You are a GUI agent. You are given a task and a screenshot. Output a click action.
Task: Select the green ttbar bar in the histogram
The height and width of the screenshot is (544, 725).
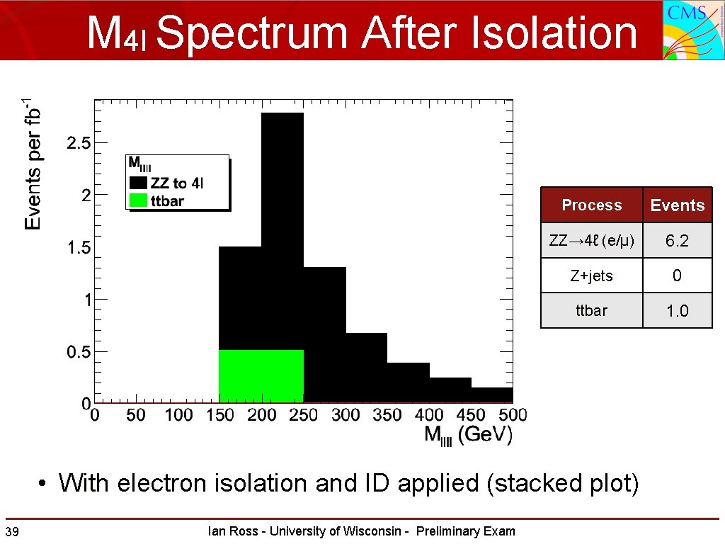[x=261, y=376]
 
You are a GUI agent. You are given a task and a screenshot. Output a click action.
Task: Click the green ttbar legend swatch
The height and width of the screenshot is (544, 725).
[x=138, y=200]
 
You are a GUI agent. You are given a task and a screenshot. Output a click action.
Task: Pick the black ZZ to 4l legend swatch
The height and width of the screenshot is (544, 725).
[x=138, y=183]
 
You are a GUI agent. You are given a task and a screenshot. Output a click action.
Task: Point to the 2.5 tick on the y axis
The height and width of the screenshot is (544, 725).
[x=78, y=143]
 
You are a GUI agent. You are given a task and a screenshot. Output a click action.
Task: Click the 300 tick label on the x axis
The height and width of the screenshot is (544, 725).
[x=346, y=415]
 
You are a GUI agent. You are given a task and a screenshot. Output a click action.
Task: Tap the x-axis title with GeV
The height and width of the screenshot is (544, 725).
[x=468, y=435]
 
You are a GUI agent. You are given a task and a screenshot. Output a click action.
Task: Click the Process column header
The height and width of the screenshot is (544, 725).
[x=591, y=205]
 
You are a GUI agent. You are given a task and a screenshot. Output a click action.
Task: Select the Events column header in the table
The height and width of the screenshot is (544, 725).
[x=677, y=205]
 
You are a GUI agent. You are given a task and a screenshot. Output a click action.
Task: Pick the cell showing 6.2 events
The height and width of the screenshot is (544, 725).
[x=677, y=241]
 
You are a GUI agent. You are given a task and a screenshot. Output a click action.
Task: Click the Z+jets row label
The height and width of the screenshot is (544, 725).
[x=591, y=276]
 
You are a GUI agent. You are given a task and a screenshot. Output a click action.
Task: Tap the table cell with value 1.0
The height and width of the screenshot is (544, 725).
[x=677, y=310]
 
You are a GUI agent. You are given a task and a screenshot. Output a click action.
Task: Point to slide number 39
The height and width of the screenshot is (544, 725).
[x=11, y=532]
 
